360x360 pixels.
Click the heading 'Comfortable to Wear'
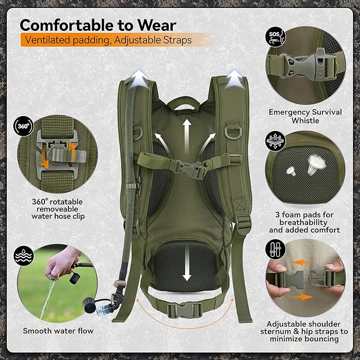point(98,25)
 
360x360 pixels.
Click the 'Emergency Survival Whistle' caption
point(305,116)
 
